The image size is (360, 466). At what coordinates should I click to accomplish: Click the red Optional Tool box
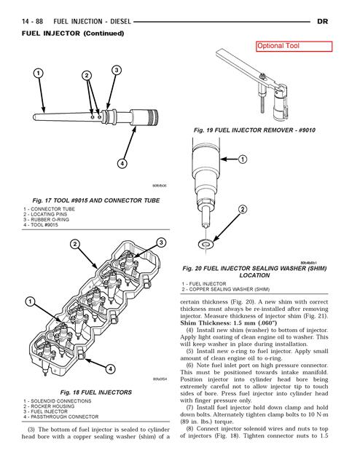pyautogui.click(x=293, y=46)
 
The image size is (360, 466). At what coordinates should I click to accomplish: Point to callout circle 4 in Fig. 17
pyautogui.click(x=122, y=163)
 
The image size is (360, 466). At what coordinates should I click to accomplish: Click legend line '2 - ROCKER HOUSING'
pyautogui.click(x=50, y=406)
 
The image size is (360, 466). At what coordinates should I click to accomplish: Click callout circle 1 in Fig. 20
pyautogui.click(x=241, y=159)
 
